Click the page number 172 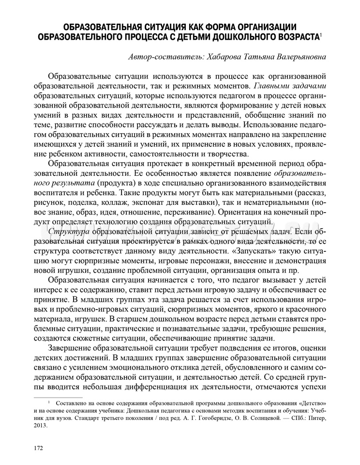(x=38, y=447)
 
